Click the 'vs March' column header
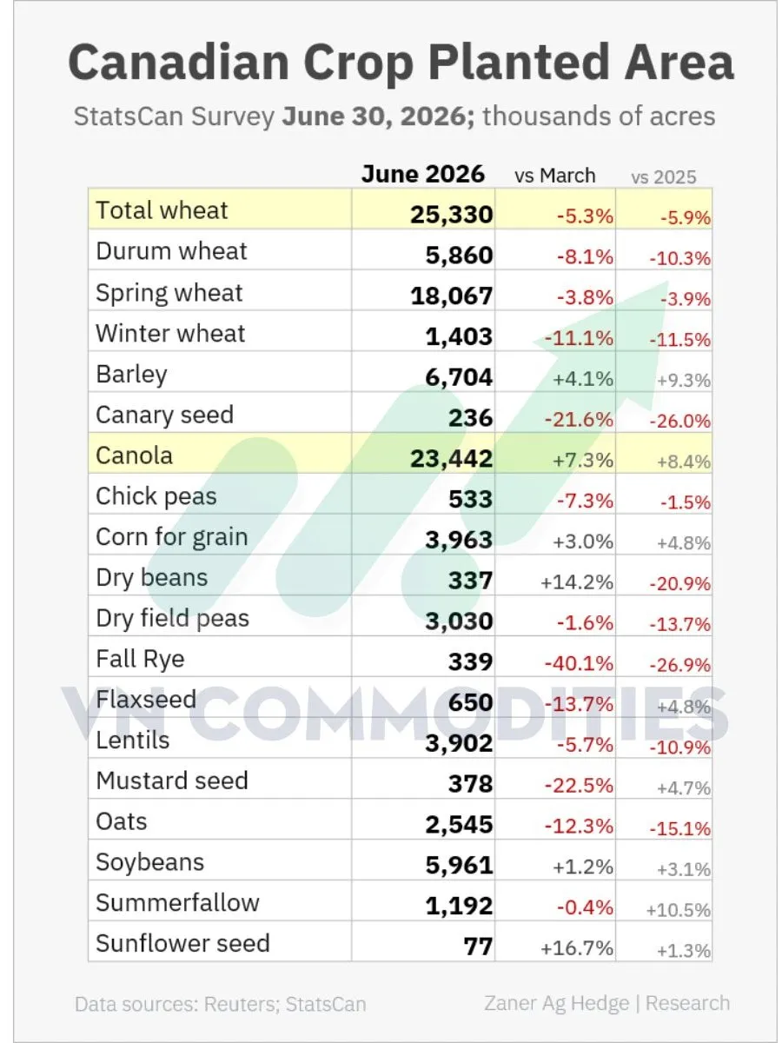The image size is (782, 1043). pos(554,176)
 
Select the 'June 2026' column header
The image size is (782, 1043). pos(422,174)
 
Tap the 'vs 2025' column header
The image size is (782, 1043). pos(663,177)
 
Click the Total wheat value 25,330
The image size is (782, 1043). pos(452,215)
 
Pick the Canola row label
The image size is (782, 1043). pos(134,455)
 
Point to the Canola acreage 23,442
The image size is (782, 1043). pos(452,459)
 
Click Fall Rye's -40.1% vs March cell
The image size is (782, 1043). pos(579,663)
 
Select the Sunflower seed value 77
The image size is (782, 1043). pos(478,946)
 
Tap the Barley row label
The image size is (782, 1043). pos(131,375)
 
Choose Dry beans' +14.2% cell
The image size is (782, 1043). pos(577,581)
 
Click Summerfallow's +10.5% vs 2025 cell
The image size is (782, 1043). pos(679,910)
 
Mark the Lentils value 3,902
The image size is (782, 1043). pos(459,744)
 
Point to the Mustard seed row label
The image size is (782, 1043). pos(172,781)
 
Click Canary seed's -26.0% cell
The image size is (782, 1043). pos(680,421)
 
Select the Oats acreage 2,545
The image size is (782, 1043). pos(459,825)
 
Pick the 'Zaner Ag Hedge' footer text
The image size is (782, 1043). pos(556,1004)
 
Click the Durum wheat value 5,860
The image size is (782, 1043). pos(459,256)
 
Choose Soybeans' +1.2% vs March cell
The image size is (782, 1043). pos(583,867)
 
